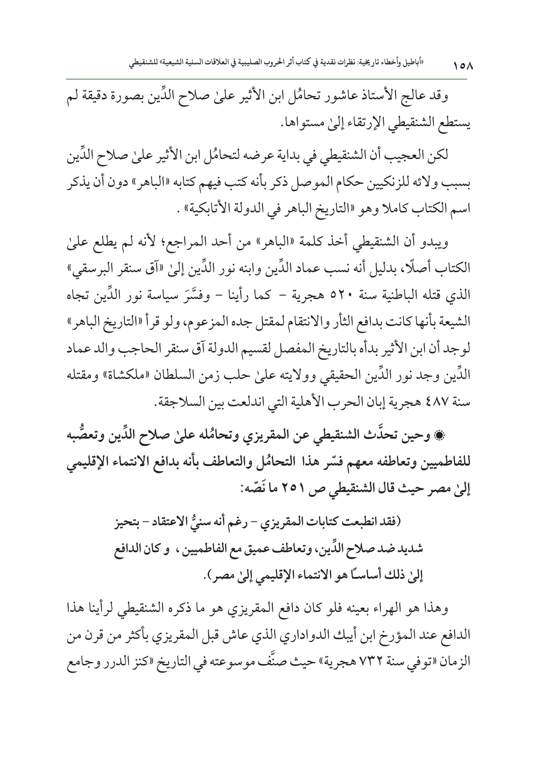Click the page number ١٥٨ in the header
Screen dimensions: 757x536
(462, 66)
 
